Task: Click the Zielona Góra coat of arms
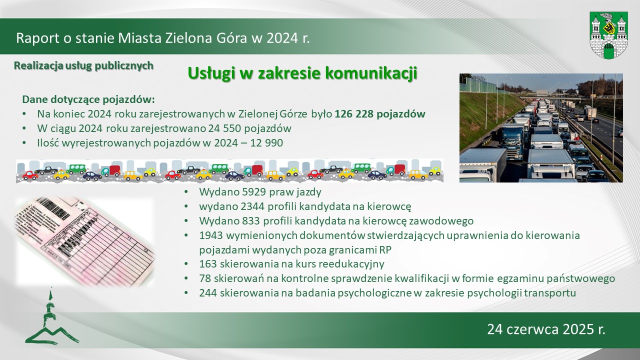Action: (608, 35)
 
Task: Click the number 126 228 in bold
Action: (354, 114)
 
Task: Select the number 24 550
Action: (224, 128)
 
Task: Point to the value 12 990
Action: (266, 143)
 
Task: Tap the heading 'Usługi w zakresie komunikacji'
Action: (302, 73)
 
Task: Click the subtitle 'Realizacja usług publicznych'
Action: (83, 65)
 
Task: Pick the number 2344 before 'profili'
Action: (252, 206)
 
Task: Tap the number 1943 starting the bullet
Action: (211, 235)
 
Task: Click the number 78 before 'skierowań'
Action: (205, 278)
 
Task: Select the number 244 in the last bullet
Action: (208, 293)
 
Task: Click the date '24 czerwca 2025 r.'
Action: (546, 329)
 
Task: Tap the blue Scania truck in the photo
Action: (513, 141)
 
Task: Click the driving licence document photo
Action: (85, 241)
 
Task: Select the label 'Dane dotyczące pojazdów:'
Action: (88, 99)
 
